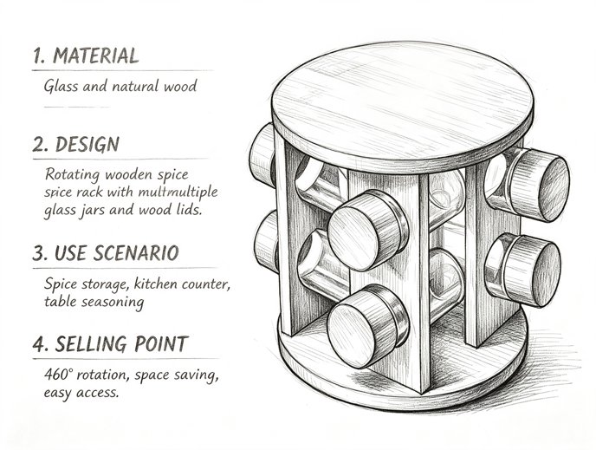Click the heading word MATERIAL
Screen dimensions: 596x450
coord(95,55)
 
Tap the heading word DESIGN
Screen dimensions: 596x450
coord(87,144)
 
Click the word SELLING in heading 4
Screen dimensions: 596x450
coord(91,344)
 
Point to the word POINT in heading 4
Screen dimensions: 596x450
coord(161,344)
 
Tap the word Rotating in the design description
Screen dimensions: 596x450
coord(73,174)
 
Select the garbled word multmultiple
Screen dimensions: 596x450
coord(178,192)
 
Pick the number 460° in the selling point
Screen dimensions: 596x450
coord(58,374)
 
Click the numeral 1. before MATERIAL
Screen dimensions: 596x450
coord(40,55)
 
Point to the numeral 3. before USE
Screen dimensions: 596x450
coord(41,253)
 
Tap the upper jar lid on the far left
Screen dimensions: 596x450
coord(262,155)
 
